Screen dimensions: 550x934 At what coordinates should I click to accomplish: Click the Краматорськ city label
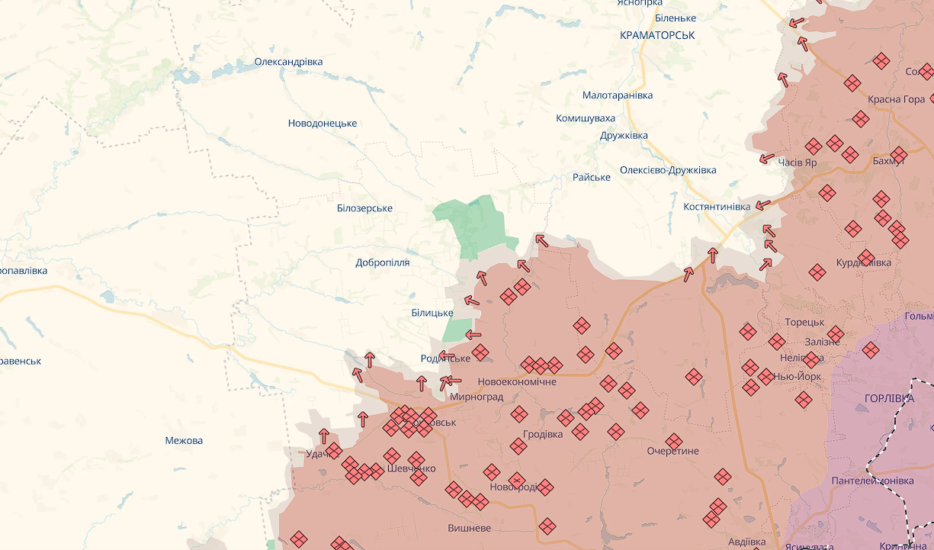[657, 35]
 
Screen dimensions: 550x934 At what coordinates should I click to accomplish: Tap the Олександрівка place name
[288, 62]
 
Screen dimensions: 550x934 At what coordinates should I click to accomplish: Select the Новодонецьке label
[322, 124]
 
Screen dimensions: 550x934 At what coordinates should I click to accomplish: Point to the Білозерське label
[364, 208]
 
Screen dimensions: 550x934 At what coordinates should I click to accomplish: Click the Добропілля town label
[382, 262]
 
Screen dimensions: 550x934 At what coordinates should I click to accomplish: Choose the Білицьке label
[432, 313]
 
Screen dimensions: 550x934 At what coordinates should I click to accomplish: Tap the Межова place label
[184, 441]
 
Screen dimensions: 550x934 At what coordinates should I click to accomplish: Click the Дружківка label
[623, 136]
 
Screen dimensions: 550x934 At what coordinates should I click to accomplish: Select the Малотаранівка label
[617, 95]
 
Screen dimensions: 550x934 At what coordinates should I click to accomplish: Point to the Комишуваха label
[585, 118]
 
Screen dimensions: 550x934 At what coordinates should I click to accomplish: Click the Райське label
[591, 177]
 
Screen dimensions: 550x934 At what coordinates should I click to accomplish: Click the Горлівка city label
[889, 399]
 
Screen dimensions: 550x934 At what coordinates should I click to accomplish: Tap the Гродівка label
[543, 434]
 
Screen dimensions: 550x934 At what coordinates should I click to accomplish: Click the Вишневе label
[470, 528]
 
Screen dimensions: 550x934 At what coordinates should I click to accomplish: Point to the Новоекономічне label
[516, 381]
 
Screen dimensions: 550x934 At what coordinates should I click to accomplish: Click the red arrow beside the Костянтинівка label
[762, 205]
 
